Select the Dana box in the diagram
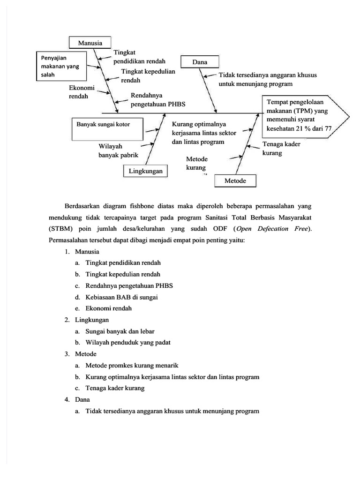pyautogui.click(x=199, y=62)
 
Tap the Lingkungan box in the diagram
pyautogui.click(x=146, y=171)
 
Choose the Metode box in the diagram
pyautogui.click(x=236, y=181)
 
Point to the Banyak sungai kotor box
pyautogui.click(x=106, y=128)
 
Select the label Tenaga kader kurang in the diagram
pyautogui.click(x=281, y=149)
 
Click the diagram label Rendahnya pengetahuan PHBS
pyautogui.click(x=157, y=100)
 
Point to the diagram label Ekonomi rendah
pyautogui.click(x=82, y=92)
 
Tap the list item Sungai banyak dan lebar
pyautogui.click(x=120, y=331)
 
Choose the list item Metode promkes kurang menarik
pyautogui.click(x=132, y=365)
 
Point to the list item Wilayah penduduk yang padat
pyautogui.click(x=127, y=342)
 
